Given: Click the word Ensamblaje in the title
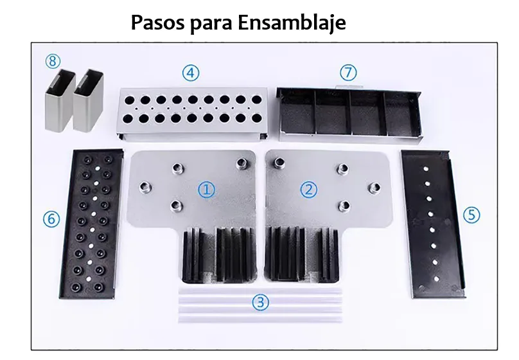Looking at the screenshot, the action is [x=292, y=23].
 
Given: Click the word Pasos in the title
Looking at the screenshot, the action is [x=157, y=23].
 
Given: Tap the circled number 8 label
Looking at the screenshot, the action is [x=53, y=61].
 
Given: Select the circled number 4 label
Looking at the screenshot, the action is [x=191, y=73].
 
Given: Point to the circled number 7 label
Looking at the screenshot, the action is [x=349, y=73].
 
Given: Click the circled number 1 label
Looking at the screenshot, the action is [x=207, y=190].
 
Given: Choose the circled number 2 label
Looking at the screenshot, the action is [x=309, y=190].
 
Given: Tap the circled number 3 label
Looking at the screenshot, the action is [x=261, y=302].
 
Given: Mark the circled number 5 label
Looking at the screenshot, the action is [x=471, y=215].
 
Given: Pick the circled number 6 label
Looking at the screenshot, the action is [x=51, y=219].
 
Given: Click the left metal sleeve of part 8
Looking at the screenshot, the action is [x=60, y=101].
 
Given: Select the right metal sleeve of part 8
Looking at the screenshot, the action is [x=88, y=101].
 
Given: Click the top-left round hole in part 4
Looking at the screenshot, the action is [x=129, y=100].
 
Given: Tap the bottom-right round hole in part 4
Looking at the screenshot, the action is [x=256, y=118].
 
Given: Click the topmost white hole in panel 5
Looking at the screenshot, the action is [x=426, y=168].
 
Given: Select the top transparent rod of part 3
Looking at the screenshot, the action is [x=260, y=292].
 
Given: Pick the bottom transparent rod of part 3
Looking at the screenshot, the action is [x=260, y=319].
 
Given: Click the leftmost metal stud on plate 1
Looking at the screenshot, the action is [x=145, y=187].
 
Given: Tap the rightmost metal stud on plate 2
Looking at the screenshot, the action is [x=374, y=188].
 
